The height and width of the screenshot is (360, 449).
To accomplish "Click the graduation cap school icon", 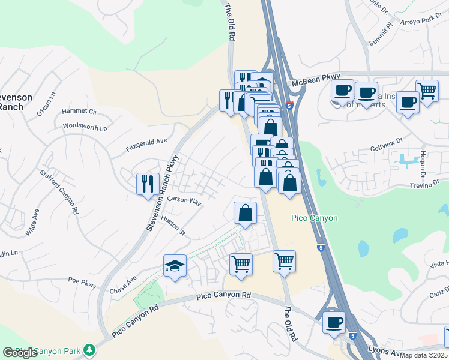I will [x=175, y=266].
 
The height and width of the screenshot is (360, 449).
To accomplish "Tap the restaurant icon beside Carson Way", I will [x=148, y=182].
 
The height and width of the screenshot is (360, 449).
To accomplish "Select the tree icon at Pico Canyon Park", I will [x=89, y=349].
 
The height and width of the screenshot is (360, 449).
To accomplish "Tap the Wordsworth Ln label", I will [x=85, y=127].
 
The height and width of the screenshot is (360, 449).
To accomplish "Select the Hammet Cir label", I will [x=79, y=111].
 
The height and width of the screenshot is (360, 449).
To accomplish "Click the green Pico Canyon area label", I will [x=314, y=218].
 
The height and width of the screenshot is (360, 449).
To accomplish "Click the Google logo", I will [x=20, y=353].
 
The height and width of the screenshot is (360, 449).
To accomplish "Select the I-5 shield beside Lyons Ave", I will [x=352, y=337].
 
